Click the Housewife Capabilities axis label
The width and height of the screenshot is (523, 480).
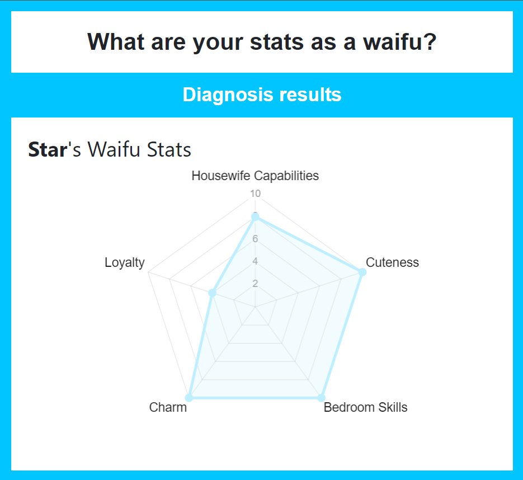point(255,176)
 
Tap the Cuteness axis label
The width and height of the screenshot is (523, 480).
point(392,262)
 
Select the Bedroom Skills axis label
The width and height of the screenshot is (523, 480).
point(366,407)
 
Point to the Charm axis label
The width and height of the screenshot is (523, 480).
point(168,407)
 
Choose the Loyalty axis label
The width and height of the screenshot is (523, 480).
point(124,262)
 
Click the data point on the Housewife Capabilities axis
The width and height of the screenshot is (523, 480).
point(255,217)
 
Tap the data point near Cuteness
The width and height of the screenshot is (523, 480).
point(362,272)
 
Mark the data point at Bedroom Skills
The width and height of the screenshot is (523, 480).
point(321,398)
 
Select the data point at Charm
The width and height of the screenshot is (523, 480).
point(189,398)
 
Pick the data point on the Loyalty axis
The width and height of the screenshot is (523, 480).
point(212,293)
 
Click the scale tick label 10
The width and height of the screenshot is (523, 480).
point(255,194)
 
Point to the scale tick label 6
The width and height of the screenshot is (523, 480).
point(255,239)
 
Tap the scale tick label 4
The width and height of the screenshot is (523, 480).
point(255,261)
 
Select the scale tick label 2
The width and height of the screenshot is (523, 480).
point(255,284)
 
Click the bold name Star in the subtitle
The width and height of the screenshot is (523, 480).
point(47,150)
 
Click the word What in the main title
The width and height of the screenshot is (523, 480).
point(112,42)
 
